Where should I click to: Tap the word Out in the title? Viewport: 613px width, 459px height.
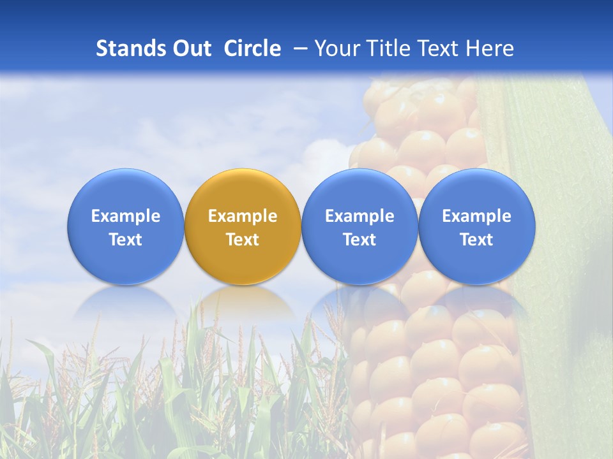point(190,48)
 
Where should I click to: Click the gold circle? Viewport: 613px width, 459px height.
point(243,226)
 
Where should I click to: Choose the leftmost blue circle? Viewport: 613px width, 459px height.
point(125,226)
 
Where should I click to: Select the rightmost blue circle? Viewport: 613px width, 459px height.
point(477,226)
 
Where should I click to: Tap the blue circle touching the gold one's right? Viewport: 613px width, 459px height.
point(359,226)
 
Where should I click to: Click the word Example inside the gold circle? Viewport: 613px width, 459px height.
point(243,216)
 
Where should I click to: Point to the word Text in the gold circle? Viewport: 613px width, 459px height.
point(243,240)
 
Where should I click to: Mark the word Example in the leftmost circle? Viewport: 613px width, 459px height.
point(125,216)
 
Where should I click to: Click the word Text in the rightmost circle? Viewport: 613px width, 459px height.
point(477,240)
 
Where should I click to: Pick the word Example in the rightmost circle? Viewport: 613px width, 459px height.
point(477,216)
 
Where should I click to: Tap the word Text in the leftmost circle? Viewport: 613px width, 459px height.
point(125,240)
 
